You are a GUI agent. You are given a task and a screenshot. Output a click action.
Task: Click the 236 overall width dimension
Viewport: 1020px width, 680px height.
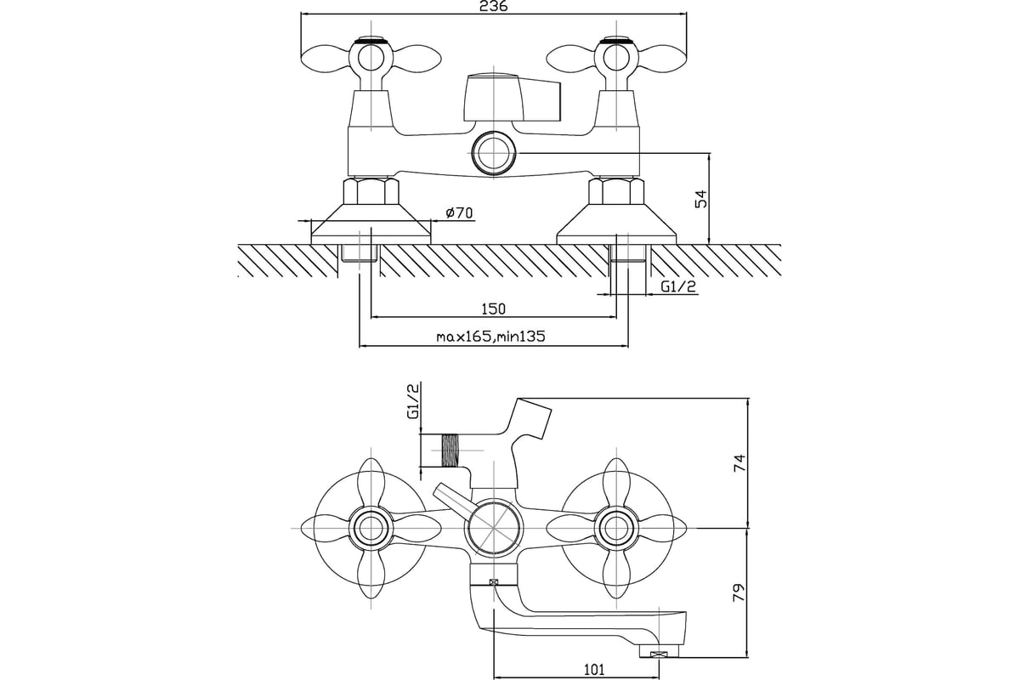point(494,7)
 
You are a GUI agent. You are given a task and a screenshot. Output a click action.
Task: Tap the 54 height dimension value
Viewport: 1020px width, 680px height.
point(701,200)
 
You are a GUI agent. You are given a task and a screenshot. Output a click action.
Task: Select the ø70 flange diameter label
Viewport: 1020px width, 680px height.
point(459,213)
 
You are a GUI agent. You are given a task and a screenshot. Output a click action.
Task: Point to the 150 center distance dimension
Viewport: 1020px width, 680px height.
point(493,308)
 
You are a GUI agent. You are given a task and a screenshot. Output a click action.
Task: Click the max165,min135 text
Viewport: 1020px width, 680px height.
point(490,337)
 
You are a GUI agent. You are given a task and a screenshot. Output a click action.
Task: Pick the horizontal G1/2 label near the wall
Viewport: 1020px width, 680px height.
point(678,287)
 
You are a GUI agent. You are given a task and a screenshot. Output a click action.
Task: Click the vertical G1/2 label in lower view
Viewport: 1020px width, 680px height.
point(413,403)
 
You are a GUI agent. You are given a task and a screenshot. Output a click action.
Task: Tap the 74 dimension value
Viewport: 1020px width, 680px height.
point(739,463)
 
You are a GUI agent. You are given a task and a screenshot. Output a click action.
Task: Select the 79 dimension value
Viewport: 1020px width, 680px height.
point(739,591)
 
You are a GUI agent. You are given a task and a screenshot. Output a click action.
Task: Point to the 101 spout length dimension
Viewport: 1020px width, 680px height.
point(595,670)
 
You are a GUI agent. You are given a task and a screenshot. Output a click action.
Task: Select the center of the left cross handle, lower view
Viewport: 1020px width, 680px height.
point(371,528)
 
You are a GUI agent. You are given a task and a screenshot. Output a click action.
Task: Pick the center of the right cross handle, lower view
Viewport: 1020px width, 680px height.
point(614,528)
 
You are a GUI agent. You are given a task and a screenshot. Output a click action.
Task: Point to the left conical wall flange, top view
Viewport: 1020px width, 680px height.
point(371,224)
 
